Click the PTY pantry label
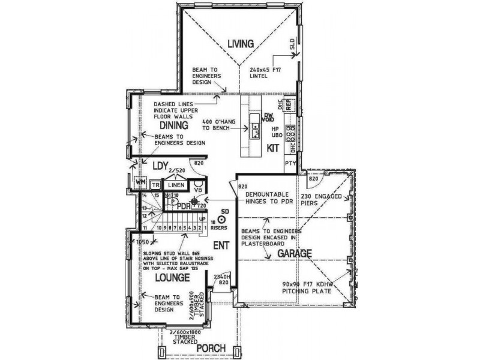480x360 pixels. click(x=290, y=163)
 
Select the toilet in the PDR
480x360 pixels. click(x=173, y=202)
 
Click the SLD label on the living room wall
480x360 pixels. click(x=292, y=46)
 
